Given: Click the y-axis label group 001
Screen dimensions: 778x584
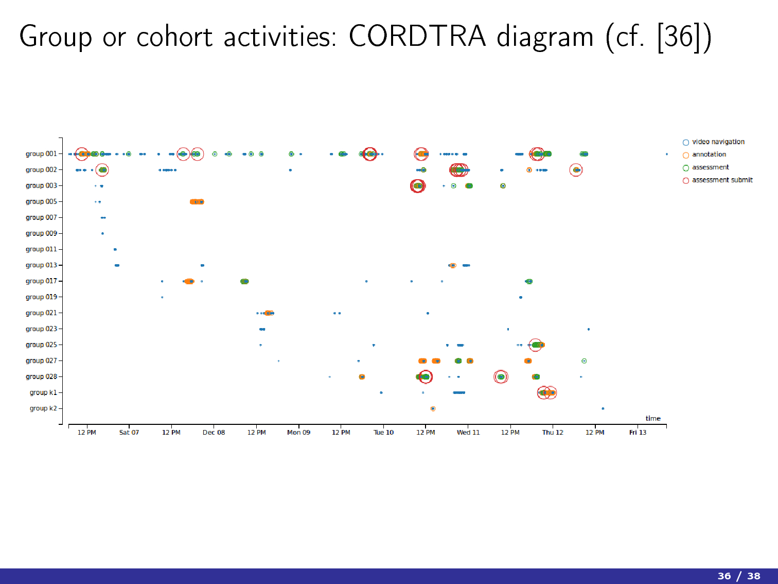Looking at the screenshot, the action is pyautogui.click(x=41, y=154).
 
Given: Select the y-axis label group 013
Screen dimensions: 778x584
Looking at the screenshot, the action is pyautogui.click(x=41, y=265).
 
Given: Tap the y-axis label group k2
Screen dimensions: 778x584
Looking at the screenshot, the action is pyautogui.click(x=43, y=408).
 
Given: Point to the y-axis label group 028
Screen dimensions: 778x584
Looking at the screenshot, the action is pyautogui.click(x=41, y=376).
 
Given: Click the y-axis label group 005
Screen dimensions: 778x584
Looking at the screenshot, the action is pyautogui.click(x=41, y=202).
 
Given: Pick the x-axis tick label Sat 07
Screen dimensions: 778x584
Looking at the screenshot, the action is pyautogui.click(x=129, y=433).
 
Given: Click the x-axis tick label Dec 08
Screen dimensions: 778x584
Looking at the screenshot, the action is pyautogui.click(x=214, y=433).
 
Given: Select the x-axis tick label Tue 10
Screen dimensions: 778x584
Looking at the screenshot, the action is pyautogui.click(x=383, y=433).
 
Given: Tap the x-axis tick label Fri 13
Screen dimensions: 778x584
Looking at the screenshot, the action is pyautogui.click(x=638, y=433).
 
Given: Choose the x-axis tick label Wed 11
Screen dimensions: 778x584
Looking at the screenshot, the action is pyautogui.click(x=468, y=433).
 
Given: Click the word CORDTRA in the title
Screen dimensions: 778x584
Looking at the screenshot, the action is pyautogui.click(x=417, y=37).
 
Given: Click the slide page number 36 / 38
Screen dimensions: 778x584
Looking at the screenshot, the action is pyautogui.click(x=739, y=576).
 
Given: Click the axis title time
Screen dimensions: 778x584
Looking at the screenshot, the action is pyautogui.click(x=653, y=418).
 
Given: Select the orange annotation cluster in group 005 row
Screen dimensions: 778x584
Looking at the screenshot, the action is pyautogui.click(x=197, y=202).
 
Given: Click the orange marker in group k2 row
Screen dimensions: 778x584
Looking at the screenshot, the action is pyautogui.click(x=433, y=409).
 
